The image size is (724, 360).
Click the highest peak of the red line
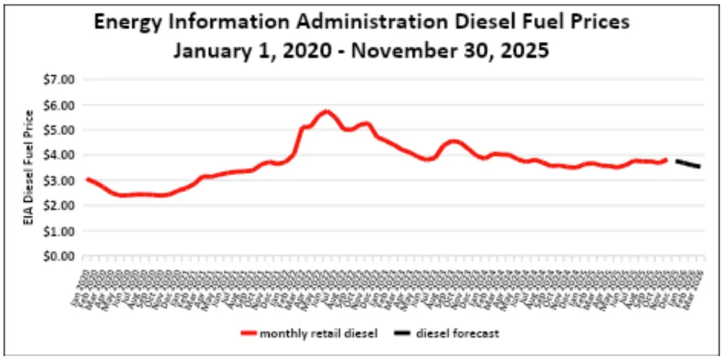pyautogui.click(x=325, y=112)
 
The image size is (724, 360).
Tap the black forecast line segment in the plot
pyautogui.click(x=688, y=164)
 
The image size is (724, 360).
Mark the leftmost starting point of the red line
pyautogui.click(x=87, y=179)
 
